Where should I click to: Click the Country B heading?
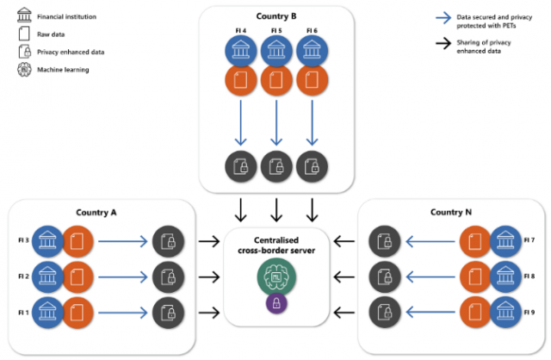(x=275, y=16)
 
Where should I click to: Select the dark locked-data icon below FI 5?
(x=276, y=166)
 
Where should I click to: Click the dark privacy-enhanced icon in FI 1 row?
(x=168, y=312)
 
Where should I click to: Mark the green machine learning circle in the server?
(x=275, y=278)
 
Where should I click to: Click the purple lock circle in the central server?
(x=276, y=303)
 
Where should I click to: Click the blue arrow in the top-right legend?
(x=445, y=16)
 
